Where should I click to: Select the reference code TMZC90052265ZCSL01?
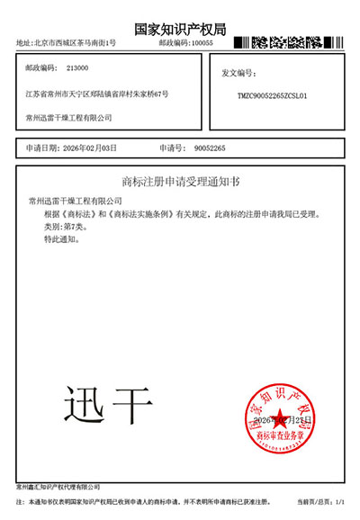click(272, 94)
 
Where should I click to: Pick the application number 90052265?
click(210, 147)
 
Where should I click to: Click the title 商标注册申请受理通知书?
click(180, 181)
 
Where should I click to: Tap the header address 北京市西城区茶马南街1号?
click(77, 42)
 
